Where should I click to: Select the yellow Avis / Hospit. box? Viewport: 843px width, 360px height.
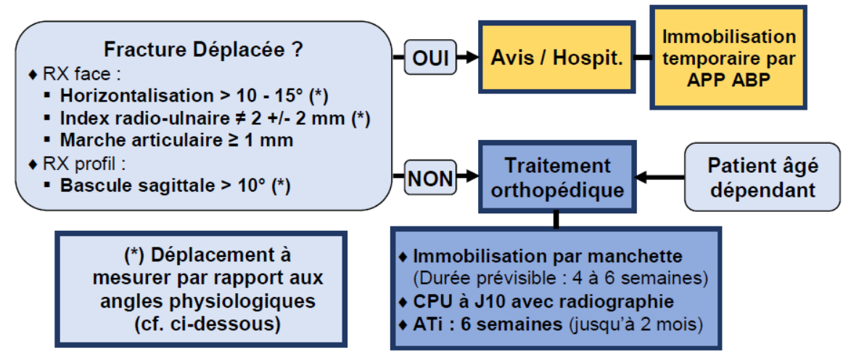click(x=556, y=57)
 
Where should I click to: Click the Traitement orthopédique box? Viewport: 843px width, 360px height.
click(x=556, y=176)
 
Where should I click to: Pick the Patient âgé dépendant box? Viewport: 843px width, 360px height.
click(x=763, y=177)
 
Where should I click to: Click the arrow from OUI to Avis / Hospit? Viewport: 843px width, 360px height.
click(x=466, y=57)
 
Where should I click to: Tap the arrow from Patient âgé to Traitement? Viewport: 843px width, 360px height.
click(x=660, y=176)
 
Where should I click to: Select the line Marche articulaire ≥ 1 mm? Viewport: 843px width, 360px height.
click(x=177, y=141)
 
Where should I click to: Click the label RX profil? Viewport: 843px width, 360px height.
click(x=84, y=163)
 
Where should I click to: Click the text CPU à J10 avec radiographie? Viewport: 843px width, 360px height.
click(x=543, y=301)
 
